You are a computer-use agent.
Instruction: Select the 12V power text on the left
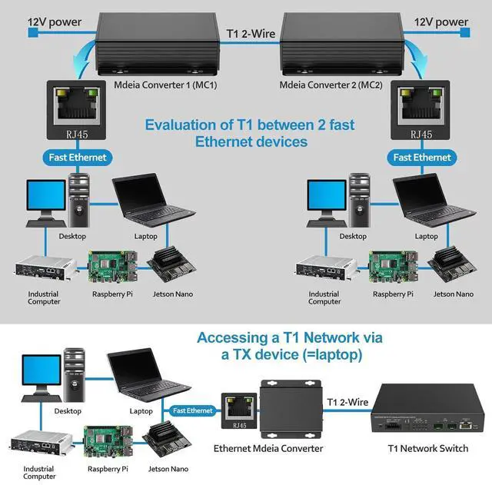point(55,22)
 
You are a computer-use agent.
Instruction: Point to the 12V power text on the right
point(440,22)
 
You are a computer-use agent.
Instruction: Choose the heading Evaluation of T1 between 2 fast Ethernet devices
point(250,133)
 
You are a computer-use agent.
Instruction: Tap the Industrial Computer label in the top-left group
point(44,297)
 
